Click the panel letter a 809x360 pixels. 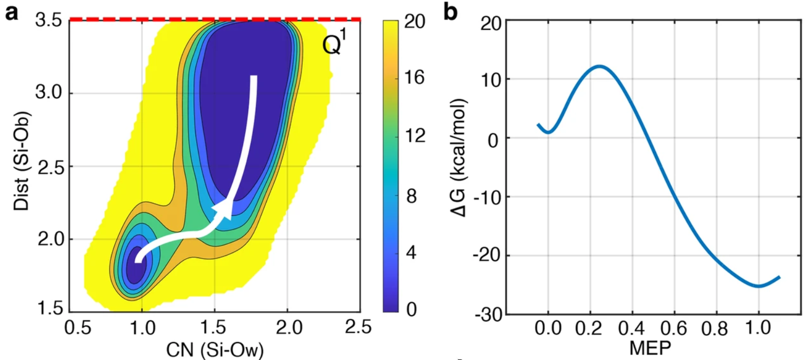(x=11, y=12)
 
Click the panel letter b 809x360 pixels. (x=450, y=12)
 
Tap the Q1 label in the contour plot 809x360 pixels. (x=335, y=44)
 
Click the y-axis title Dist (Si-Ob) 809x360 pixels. (x=22, y=160)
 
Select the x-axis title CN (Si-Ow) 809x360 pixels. (x=214, y=350)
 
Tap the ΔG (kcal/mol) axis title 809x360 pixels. (x=460, y=157)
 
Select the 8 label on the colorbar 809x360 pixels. (x=411, y=196)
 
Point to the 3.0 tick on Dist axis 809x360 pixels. (x=48, y=93)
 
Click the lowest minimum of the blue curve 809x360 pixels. (x=759, y=286)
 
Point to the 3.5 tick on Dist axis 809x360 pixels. (x=48, y=21)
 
